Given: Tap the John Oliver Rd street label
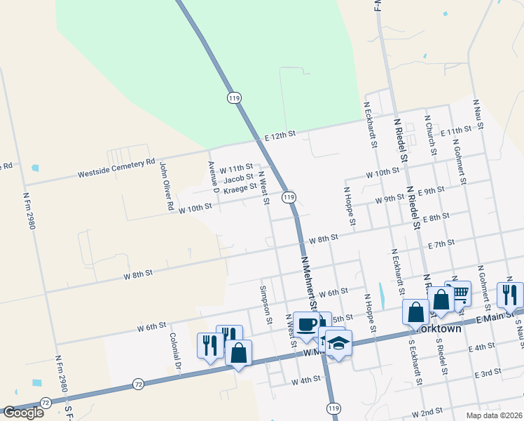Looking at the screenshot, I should pyautogui.click(x=166, y=187).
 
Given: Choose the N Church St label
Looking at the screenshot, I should pyautogui.click(x=431, y=135).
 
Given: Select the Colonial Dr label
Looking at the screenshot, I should pyautogui.click(x=175, y=352).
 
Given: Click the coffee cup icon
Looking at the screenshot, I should pyautogui.click(x=306, y=324).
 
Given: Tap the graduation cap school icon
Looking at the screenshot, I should pyautogui.click(x=338, y=342).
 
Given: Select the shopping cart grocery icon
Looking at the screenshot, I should pyautogui.click(x=460, y=291).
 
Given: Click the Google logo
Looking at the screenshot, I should pyautogui.click(x=23, y=413).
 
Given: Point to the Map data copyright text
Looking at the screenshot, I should pyautogui.click(x=496, y=415).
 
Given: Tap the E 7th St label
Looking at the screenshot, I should pyautogui.click(x=441, y=243).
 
